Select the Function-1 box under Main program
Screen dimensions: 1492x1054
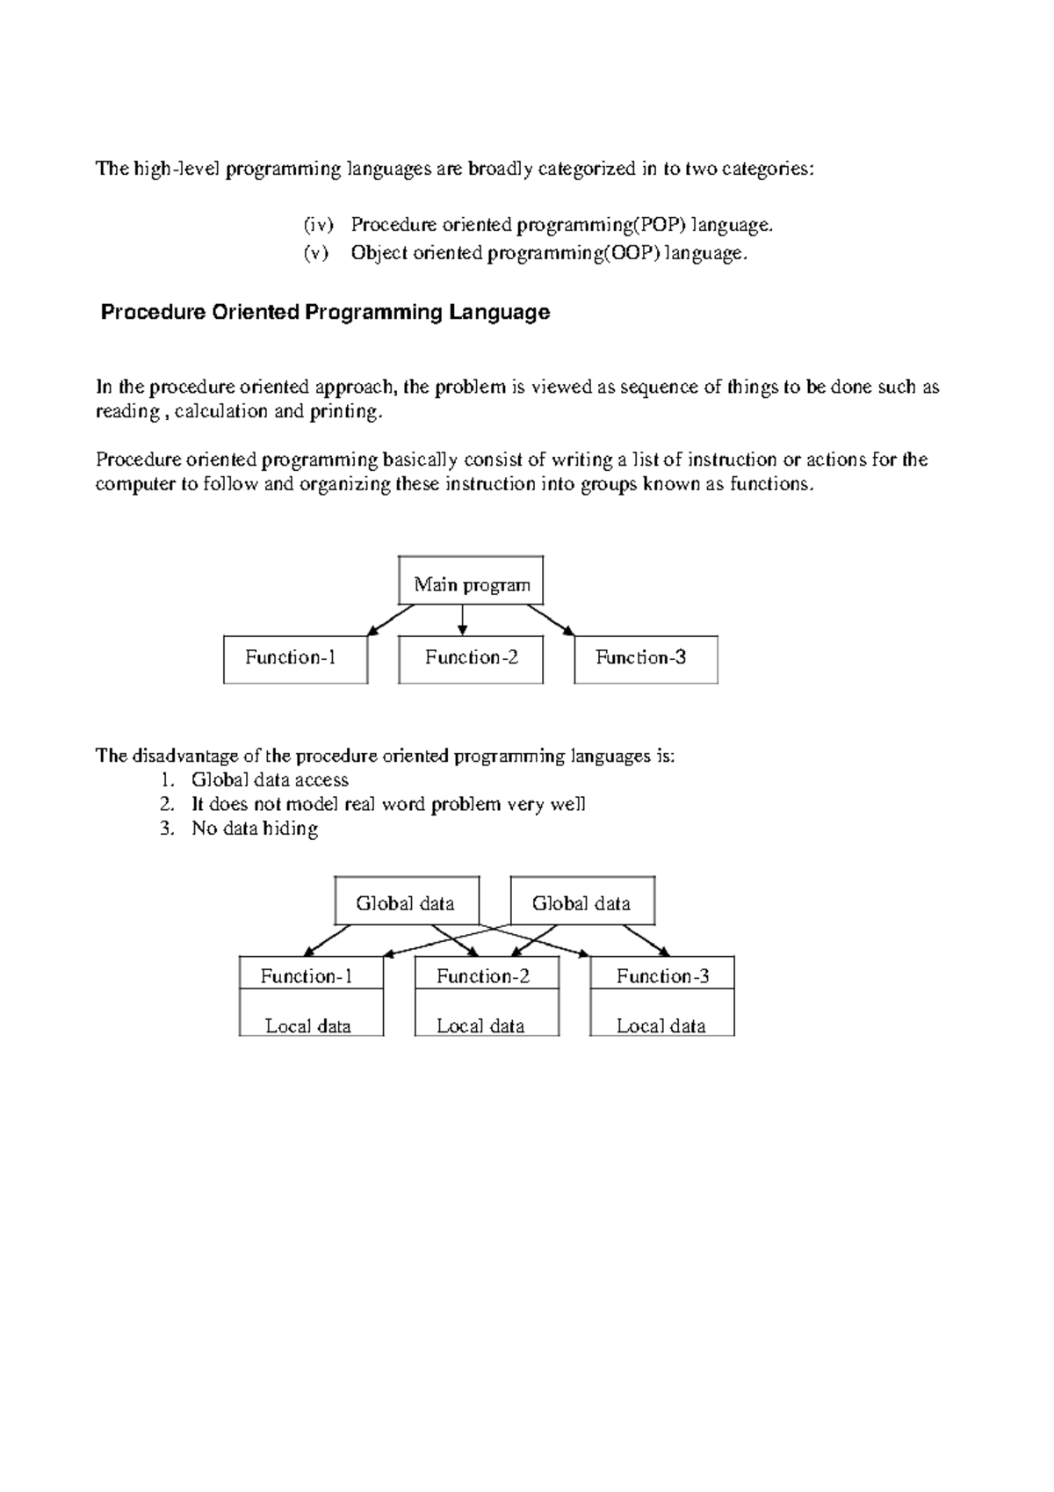[x=295, y=658]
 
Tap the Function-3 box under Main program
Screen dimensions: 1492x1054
[x=646, y=658]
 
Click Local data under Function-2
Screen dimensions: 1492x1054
[x=480, y=1025]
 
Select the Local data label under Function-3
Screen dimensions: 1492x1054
[x=661, y=1025]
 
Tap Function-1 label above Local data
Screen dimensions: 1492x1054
[x=307, y=976]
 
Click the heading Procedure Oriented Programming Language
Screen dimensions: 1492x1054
[x=325, y=313]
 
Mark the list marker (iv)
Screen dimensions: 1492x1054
[x=318, y=226]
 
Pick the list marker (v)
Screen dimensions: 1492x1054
[x=315, y=254]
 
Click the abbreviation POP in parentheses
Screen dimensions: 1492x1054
[x=659, y=226]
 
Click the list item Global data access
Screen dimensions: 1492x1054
[x=270, y=780]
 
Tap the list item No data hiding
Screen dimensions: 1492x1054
[x=255, y=829]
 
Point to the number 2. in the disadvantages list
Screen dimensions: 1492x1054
[x=167, y=805]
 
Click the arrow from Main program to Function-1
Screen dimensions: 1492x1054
[x=391, y=620]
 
